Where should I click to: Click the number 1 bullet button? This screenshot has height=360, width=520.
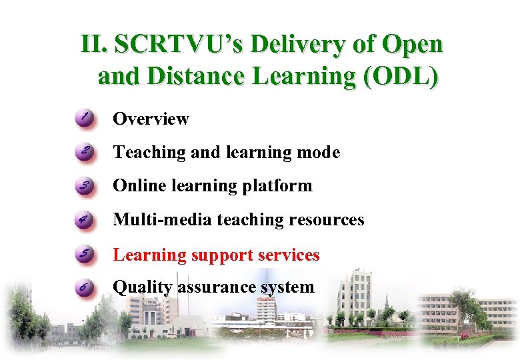tap(85, 119)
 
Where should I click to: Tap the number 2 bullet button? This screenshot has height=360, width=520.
tap(85, 153)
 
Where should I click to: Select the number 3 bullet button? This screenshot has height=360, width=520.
tap(85, 186)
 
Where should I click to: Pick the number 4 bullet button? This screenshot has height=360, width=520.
tap(85, 220)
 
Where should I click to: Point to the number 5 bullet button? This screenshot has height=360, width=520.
tap(85, 255)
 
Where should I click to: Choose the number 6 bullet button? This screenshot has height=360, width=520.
tap(85, 288)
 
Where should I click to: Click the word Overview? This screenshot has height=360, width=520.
tap(151, 119)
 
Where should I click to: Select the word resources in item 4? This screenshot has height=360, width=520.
tap(327, 220)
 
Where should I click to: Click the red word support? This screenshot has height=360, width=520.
tap(222, 255)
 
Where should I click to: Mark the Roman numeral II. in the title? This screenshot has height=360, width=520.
tap(94, 45)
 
